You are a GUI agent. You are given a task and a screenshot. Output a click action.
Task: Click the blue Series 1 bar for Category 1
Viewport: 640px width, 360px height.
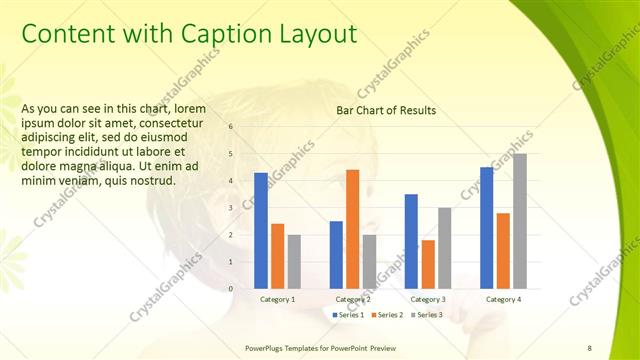(261, 230)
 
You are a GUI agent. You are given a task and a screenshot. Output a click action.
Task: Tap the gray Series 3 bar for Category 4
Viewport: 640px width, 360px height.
(519, 221)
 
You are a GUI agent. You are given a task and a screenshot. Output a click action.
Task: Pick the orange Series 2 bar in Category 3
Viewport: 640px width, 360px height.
(428, 264)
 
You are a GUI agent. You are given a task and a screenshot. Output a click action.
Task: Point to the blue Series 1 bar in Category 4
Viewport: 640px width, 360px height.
(486, 228)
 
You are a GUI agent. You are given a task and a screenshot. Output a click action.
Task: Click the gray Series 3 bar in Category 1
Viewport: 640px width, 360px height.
(294, 261)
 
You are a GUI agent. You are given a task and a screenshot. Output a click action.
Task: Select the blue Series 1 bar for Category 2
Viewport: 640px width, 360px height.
(336, 254)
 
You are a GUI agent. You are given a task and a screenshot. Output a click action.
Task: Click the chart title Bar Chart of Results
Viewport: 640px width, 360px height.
(386, 110)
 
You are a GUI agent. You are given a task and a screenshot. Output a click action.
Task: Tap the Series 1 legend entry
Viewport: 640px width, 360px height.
(347, 315)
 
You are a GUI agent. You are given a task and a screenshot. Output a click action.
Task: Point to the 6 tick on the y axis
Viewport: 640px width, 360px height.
(231, 127)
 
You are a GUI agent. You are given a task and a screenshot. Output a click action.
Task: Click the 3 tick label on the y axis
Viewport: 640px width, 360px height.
(231, 208)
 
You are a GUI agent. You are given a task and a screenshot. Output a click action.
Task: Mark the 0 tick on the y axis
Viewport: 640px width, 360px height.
(231, 289)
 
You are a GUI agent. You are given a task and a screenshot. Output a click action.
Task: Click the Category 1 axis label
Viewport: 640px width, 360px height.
(277, 300)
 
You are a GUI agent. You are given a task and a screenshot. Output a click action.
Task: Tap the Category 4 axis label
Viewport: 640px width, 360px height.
(503, 300)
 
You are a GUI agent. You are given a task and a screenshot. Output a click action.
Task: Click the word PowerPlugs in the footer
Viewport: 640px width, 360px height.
(267, 347)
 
